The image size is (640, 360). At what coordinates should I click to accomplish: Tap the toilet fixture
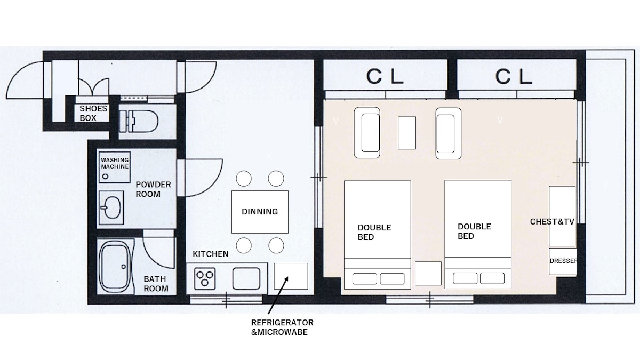[139, 122]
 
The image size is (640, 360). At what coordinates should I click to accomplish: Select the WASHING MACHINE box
[115, 167]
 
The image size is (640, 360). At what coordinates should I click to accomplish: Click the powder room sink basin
[111, 207]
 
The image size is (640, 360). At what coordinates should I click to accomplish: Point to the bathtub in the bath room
[115, 267]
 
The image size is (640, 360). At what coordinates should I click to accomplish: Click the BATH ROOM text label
[156, 284]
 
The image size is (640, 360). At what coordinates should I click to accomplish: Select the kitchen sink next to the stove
[246, 278]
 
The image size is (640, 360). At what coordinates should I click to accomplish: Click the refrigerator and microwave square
[291, 276]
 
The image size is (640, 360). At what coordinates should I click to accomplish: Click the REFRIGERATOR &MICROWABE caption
[282, 327]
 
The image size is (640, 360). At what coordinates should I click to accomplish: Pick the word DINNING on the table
[260, 212]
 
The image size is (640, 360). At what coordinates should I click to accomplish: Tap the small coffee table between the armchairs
[407, 133]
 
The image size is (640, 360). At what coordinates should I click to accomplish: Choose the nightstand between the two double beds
[428, 274]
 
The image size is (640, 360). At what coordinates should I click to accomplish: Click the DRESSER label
[563, 261]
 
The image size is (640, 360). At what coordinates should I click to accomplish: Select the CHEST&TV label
[552, 222]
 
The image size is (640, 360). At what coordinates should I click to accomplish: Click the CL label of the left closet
[385, 77]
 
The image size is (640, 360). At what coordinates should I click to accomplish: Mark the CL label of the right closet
[514, 77]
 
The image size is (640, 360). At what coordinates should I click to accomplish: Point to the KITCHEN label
[211, 254]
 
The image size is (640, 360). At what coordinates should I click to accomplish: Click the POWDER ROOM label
[153, 189]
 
